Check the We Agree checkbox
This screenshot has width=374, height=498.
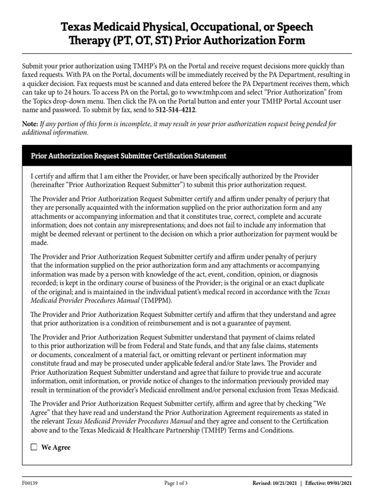[x=34, y=447]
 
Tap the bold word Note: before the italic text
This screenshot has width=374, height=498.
[x=30, y=124]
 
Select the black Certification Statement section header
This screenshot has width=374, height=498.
[x=187, y=156]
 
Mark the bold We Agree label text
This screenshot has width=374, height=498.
[x=56, y=447]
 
